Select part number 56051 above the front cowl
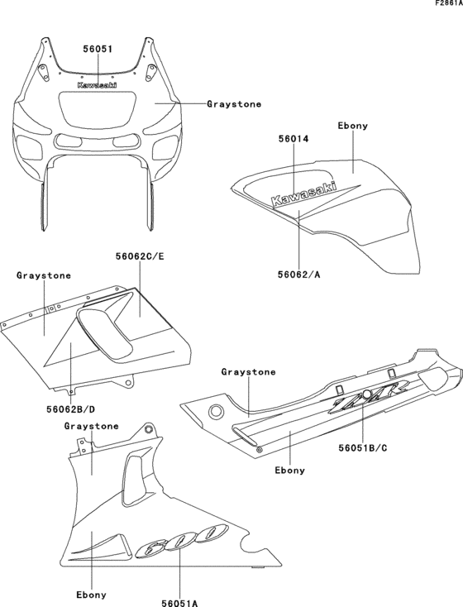pyautogui.click(x=98, y=49)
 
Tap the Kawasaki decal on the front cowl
pyautogui.click(x=97, y=84)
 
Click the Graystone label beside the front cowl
pyautogui.click(x=234, y=104)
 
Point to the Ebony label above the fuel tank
pyautogui.click(x=353, y=126)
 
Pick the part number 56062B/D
pyautogui.click(x=71, y=408)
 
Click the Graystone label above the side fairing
pyautogui.click(x=43, y=275)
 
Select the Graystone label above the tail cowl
pyautogui.click(x=248, y=372)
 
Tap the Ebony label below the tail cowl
pyautogui.click(x=289, y=470)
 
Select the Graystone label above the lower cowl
pyautogui.click(x=91, y=426)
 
